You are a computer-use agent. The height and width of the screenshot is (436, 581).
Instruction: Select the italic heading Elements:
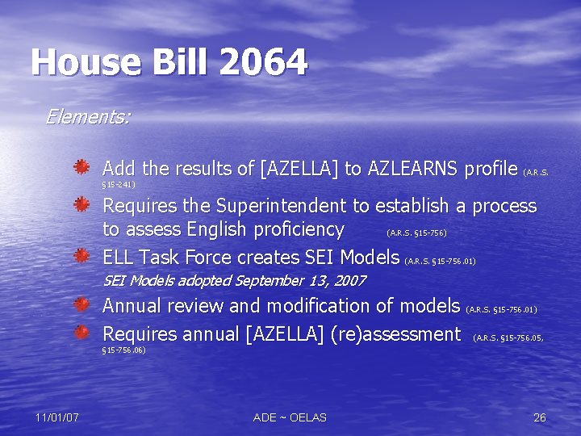[87, 117]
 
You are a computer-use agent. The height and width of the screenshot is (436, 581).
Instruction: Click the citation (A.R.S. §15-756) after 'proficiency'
[416, 233]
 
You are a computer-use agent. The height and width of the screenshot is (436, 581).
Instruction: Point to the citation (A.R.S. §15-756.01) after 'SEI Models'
[440, 262]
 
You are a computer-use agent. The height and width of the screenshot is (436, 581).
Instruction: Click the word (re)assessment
[396, 333]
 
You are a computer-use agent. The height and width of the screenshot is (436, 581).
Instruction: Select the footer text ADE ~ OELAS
[290, 417]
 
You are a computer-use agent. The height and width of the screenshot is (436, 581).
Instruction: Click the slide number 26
[540, 417]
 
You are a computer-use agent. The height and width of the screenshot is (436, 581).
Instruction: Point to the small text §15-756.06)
[123, 350]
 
